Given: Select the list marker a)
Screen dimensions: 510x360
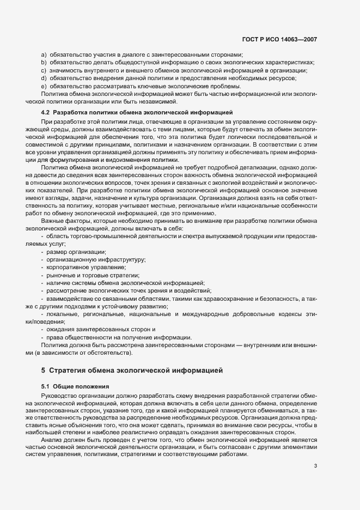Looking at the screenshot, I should pos(44,55).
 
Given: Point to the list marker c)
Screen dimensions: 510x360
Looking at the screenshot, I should pos(44,70).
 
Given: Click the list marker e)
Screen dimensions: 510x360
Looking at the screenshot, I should pos(44,86).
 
